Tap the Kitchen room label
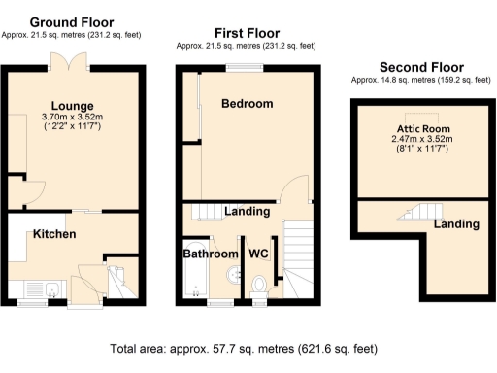coord(54,235)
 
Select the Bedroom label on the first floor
coord(247,103)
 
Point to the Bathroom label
coord(211,254)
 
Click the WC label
coord(258,254)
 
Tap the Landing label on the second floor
coord(455,224)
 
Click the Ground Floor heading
coord(71,21)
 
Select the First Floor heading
coord(247,32)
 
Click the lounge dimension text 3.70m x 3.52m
coord(72,117)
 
